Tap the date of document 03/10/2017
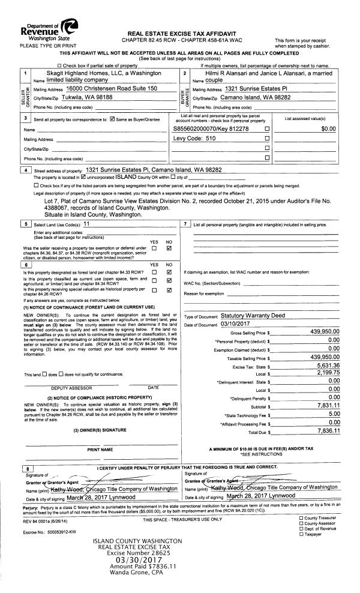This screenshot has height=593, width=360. tap(235, 324)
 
